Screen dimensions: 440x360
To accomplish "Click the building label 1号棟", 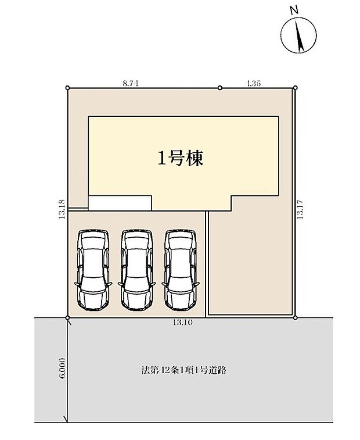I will [x=180, y=159].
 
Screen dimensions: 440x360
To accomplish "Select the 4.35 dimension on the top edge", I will [x=253, y=84].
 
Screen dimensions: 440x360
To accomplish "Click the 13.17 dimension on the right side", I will [x=300, y=206].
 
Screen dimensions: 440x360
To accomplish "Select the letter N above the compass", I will [x=294, y=9].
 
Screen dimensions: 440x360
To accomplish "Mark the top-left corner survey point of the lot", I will [x=68, y=88].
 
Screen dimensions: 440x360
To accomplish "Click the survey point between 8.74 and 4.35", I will [x=219, y=88].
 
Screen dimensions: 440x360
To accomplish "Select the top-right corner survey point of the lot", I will [x=295, y=88].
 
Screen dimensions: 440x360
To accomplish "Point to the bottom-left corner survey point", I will [x=68, y=317].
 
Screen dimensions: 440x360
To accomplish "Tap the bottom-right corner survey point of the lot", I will [x=296, y=317].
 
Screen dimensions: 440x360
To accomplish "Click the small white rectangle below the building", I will [x=120, y=202].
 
